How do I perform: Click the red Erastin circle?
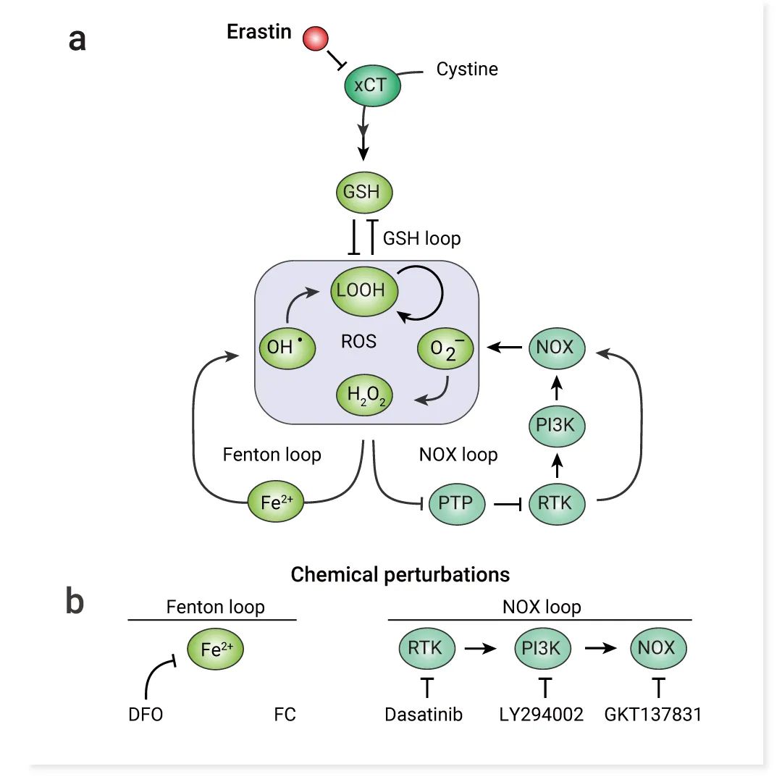click(x=316, y=38)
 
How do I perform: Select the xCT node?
click(x=371, y=85)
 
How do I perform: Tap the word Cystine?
click(x=467, y=70)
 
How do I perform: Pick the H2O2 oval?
click(x=365, y=395)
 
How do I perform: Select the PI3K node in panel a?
click(x=555, y=425)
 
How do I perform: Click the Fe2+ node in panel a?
click(x=276, y=501)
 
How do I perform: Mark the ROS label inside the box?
click(x=359, y=341)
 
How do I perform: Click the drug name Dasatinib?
click(x=424, y=715)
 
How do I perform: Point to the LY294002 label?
click(x=542, y=715)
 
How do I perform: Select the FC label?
click(x=285, y=715)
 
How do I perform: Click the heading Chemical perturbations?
click(x=400, y=575)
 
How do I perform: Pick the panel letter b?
click(x=75, y=603)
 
